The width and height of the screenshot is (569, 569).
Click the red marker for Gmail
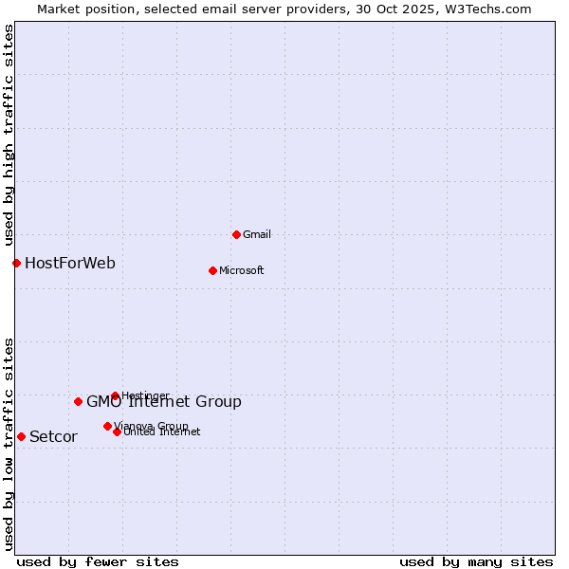(x=236, y=234)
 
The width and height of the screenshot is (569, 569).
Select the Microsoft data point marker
(x=212, y=270)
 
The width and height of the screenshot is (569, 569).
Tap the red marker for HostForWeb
(x=16, y=263)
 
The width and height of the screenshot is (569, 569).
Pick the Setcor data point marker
(x=21, y=436)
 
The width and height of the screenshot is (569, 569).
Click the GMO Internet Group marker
(x=78, y=401)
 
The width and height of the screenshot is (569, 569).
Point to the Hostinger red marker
(x=115, y=395)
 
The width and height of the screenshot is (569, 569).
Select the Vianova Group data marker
(x=107, y=426)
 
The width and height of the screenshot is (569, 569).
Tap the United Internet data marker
(x=117, y=431)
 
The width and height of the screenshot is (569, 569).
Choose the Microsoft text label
(x=241, y=270)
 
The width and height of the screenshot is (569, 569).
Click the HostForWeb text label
(x=70, y=263)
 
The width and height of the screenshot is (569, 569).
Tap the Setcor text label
(x=53, y=436)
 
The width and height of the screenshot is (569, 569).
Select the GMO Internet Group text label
(x=163, y=401)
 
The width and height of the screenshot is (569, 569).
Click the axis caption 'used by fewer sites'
(x=98, y=561)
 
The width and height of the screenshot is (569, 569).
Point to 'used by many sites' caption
(x=476, y=561)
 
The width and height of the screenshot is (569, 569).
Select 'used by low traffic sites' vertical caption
(x=9, y=443)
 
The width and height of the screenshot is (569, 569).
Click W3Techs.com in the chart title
(x=487, y=9)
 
